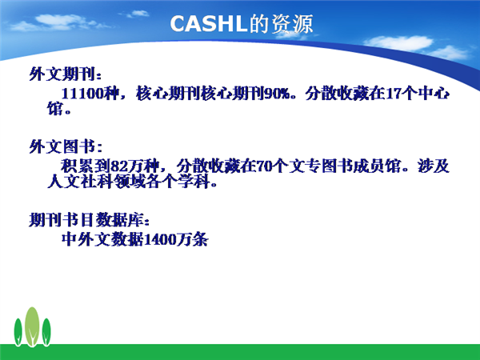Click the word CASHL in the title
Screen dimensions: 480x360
click(x=209, y=24)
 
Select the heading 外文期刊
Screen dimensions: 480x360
click(x=62, y=74)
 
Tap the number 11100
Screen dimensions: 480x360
click(x=82, y=94)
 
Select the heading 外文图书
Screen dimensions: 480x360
click(x=62, y=146)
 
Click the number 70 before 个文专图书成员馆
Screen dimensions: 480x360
click(x=264, y=166)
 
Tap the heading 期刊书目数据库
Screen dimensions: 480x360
click(x=86, y=219)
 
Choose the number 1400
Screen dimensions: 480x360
click(x=160, y=239)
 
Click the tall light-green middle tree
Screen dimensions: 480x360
click(x=32, y=326)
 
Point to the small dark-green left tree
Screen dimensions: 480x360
click(x=18, y=332)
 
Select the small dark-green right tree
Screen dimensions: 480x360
click(x=46, y=332)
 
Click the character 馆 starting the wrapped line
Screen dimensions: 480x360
click(x=55, y=108)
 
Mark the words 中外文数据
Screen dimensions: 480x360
click(x=102, y=239)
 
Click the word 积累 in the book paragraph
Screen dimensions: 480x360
click(x=77, y=166)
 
